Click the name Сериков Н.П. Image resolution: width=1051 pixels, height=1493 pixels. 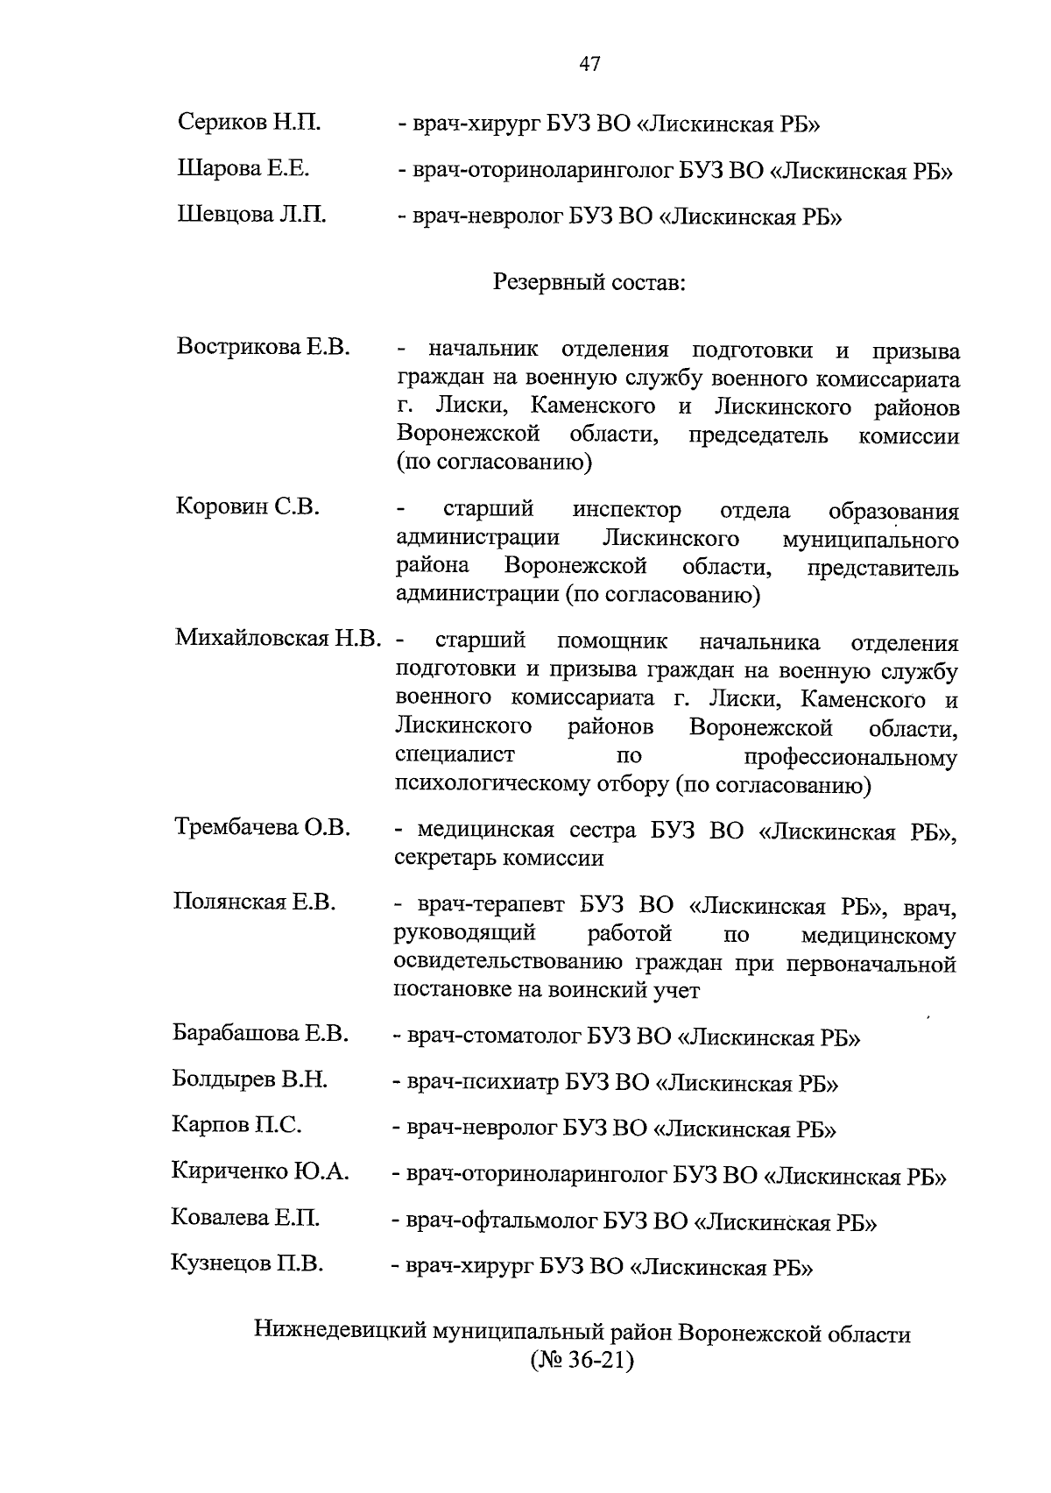249,123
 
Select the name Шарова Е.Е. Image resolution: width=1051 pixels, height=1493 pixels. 243,168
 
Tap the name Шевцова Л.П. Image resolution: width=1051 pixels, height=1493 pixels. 251,215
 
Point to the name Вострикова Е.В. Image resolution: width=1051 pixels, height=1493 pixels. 264,347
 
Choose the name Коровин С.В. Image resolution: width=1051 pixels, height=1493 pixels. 248,507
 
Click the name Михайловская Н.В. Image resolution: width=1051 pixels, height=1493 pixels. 279,639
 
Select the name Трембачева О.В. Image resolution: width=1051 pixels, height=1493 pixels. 262,827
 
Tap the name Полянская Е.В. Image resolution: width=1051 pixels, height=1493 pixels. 255,902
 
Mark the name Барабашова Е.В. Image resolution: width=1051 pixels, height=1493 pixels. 261,1034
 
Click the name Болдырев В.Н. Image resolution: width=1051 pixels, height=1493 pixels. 250,1079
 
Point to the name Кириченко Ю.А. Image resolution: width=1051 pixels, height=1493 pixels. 260,1171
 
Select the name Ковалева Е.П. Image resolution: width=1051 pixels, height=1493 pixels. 245,1218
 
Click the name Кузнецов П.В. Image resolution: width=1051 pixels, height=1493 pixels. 247,1264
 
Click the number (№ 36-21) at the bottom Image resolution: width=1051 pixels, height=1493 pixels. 582,1363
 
